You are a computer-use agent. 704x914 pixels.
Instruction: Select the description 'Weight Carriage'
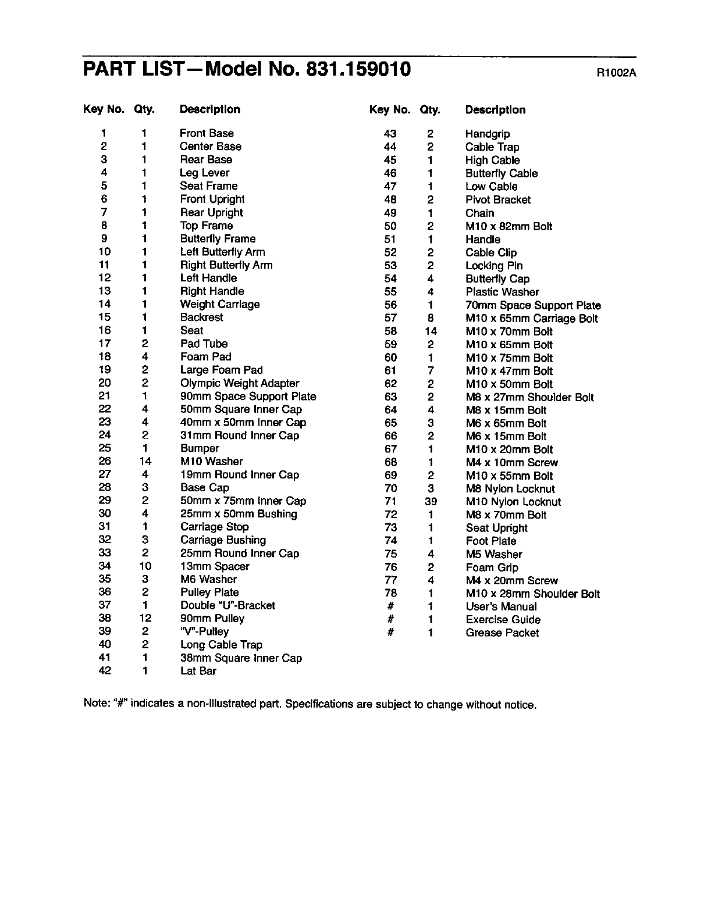click(x=220, y=304)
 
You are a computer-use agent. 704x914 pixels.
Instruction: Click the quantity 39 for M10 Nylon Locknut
click(x=431, y=501)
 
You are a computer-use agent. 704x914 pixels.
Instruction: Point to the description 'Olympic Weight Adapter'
click(x=240, y=383)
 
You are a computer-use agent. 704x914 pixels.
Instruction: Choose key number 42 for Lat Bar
click(x=105, y=670)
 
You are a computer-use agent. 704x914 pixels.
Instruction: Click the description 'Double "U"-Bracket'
click(x=227, y=605)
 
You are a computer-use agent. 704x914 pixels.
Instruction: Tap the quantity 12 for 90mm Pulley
click(x=145, y=619)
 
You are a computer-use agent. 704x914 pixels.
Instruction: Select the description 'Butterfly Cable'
click(x=502, y=173)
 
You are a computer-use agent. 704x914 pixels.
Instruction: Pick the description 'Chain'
click(x=479, y=213)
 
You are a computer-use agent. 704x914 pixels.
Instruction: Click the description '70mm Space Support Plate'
click(x=533, y=305)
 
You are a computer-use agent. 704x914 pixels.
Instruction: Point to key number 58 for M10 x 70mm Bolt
click(x=390, y=331)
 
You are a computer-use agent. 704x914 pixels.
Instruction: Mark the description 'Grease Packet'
click(x=502, y=633)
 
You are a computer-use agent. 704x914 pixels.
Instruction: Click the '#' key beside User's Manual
click(x=391, y=606)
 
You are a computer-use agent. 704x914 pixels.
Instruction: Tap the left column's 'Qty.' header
click(x=144, y=109)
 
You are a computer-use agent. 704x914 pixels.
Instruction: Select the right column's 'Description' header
click(x=495, y=110)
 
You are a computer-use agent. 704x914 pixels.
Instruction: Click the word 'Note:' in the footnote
click(x=97, y=704)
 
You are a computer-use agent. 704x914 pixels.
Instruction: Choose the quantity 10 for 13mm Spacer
click(x=145, y=566)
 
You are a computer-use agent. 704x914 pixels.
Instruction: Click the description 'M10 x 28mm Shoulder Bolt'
click(x=532, y=594)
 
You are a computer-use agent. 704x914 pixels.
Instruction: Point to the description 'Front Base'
click(x=207, y=133)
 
